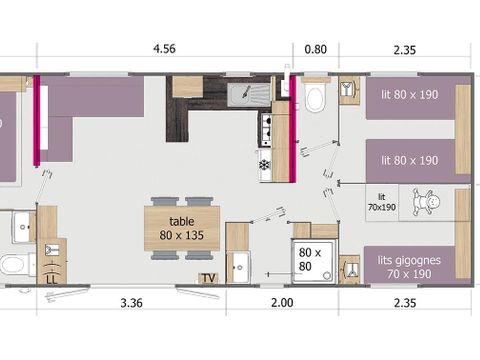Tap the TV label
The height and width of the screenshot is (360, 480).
(208, 277)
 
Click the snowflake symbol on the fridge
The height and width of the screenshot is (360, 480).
(265, 164)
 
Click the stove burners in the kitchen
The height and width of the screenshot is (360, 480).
(266, 126)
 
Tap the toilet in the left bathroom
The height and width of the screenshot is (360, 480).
(11, 266)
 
